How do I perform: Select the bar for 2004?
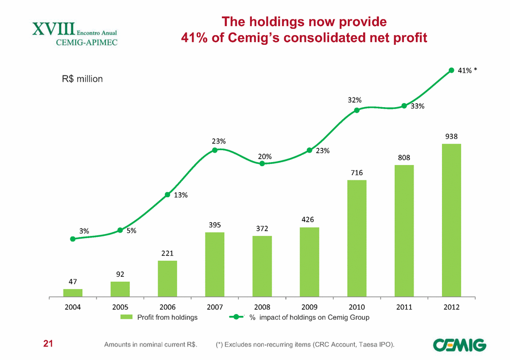(x=73, y=293)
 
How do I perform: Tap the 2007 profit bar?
(x=214, y=264)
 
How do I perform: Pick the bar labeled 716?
(x=356, y=238)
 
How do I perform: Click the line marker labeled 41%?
(x=452, y=70)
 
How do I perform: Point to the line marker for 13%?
(x=167, y=195)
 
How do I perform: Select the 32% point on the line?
(x=357, y=110)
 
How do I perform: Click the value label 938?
(x=452, y=137)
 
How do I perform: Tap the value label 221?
(x=167, y=253)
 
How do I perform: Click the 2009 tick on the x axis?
(x=309, y=307)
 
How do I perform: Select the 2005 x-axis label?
(x=120, y=307)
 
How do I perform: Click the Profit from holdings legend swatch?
(x=134, y=317)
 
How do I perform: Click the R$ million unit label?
(x=82, y=79)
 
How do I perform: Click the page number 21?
(x=49, y=344)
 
